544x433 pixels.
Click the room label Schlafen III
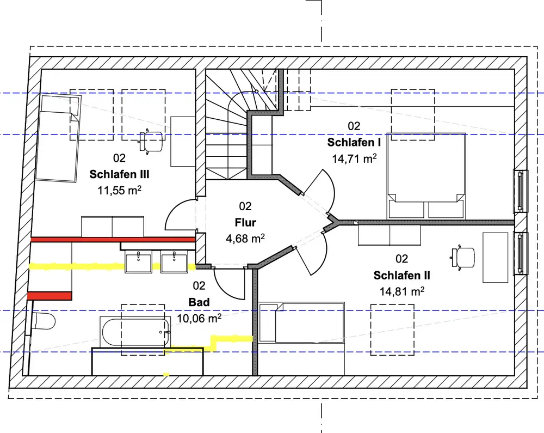pos(119,175)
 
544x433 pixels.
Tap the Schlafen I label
pos(354,142)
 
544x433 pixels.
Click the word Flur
pos(245,222)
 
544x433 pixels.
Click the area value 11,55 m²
pos(119,191)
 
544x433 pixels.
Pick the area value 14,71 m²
pos(354,158)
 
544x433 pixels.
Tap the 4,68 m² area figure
pos(245,238)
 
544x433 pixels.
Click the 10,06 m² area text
pos(199,318)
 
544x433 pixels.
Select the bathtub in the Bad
pos(135,331)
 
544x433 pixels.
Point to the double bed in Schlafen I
pos(426,174)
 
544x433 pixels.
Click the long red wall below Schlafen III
pos(113,239)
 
